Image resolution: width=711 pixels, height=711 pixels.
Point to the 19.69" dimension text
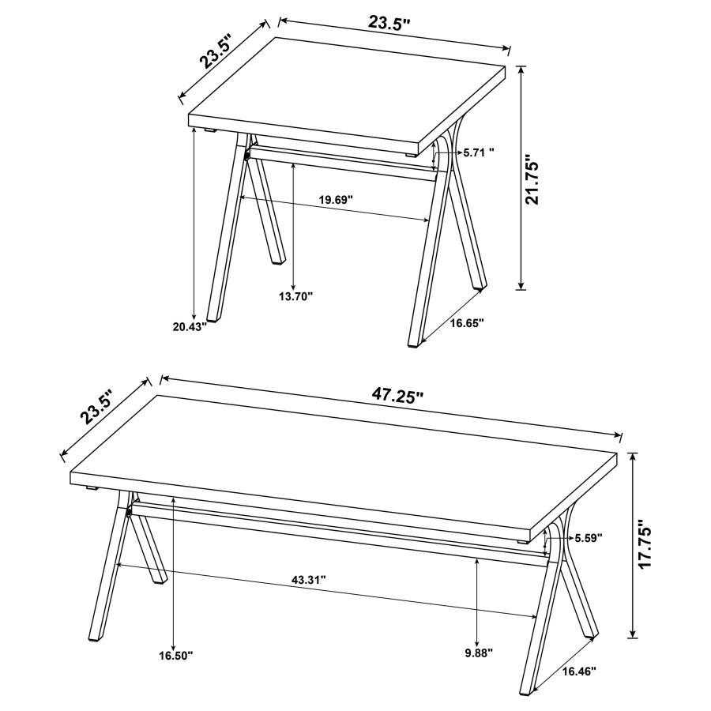[336, 199]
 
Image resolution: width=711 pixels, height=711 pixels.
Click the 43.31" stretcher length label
[308, 579]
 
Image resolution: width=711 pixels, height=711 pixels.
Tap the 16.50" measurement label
[175, 655]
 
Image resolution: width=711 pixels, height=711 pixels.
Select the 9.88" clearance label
[479, 653]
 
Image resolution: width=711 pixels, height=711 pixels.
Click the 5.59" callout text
[589, 537]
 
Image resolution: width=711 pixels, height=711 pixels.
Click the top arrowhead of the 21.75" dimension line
[521, 70]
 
